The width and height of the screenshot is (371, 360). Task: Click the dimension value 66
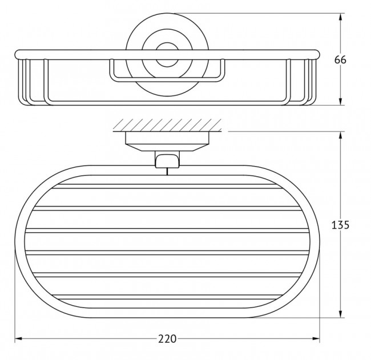click(x=340, y=60)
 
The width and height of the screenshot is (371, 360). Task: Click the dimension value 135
click(x=340, y=225)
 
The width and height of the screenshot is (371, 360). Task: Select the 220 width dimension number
click(x=167, y=339)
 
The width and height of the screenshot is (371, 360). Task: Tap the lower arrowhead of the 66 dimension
click(x=341, y=100)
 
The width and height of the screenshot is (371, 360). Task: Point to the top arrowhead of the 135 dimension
click(x=341, y=136)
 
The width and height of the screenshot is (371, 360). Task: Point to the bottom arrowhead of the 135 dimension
click(x=341, y=313)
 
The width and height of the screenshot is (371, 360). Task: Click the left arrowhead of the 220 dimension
click(x=19, y=339)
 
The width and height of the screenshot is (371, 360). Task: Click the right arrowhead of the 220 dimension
click(x=315, y=339)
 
